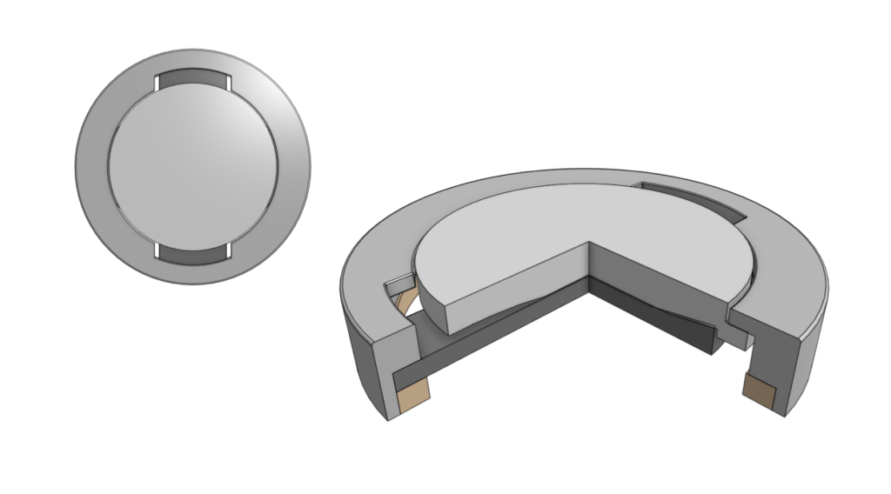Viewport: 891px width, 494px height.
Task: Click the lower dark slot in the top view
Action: point(192,254)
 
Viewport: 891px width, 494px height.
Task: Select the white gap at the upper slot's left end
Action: point(157,83)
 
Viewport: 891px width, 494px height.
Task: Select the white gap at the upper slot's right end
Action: point(229,83)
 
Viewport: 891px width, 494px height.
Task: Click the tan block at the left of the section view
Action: point(412,396)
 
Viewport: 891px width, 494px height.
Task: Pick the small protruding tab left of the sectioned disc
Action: point(397,284)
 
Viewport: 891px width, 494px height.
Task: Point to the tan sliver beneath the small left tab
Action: point(402,301)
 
